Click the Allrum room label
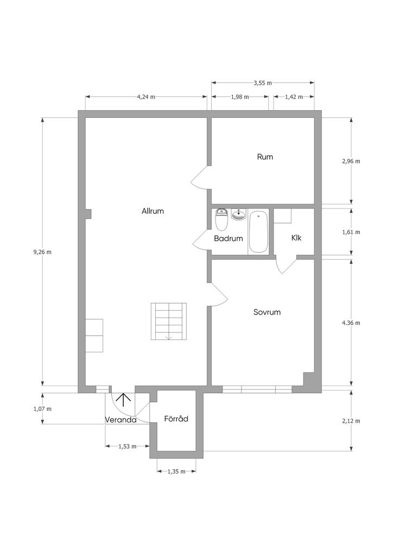(153, 211)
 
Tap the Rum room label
(265, 157)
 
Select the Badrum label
(229, 238)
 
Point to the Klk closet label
(296, 238)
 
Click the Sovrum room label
(267, 312)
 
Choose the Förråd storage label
(176, 419)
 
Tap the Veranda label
(121, 420)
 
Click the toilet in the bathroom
(221, 220)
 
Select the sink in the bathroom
(239, 214)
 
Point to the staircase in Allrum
(169, 321)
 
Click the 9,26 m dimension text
(42, 252)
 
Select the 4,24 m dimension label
(146, 97)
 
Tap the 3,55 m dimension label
(263, 83)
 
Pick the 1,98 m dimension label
(240, 97)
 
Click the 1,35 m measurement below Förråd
(176, 471)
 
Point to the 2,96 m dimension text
(351, 161)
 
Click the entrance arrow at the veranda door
(124, 400)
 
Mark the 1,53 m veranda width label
(127, 446)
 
